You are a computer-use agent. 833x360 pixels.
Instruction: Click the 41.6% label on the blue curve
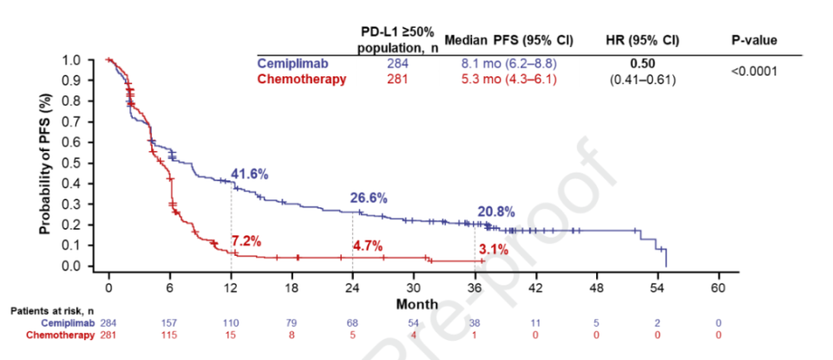250,173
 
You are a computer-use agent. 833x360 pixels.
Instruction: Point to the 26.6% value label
369,198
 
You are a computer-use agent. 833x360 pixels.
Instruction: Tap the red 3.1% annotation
493,250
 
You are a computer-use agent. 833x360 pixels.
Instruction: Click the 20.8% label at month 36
495,211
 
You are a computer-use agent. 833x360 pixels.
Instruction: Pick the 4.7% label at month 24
369,245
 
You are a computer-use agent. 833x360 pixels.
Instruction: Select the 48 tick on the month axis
596,287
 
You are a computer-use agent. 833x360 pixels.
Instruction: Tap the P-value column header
754,40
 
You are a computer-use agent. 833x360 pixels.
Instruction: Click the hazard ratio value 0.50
643,62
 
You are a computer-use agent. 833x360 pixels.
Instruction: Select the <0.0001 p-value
754,70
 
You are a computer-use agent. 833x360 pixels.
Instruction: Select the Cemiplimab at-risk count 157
169,322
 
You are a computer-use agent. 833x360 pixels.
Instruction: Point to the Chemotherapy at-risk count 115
169,335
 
